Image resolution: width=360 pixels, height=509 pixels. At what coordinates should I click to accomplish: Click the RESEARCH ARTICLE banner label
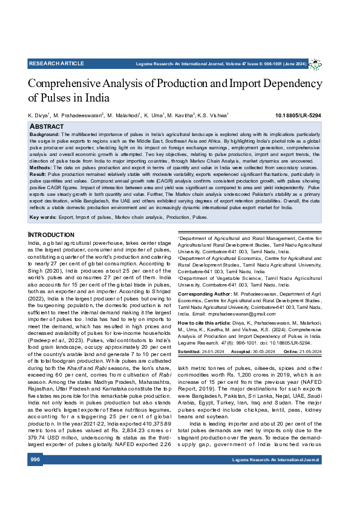click(x=56, y=63)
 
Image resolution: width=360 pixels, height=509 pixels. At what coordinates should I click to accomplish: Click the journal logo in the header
click(x=315, y=63)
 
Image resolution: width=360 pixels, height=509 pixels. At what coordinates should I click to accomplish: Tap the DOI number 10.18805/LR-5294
click(x=298, y=115)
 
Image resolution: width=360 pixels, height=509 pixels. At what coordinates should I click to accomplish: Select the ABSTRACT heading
click(x=47, y=126)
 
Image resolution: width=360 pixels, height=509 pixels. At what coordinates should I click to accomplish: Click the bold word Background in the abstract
click(x=44, y=133)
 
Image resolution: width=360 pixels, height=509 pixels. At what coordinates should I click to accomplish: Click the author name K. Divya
click(x=39, y=115)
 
